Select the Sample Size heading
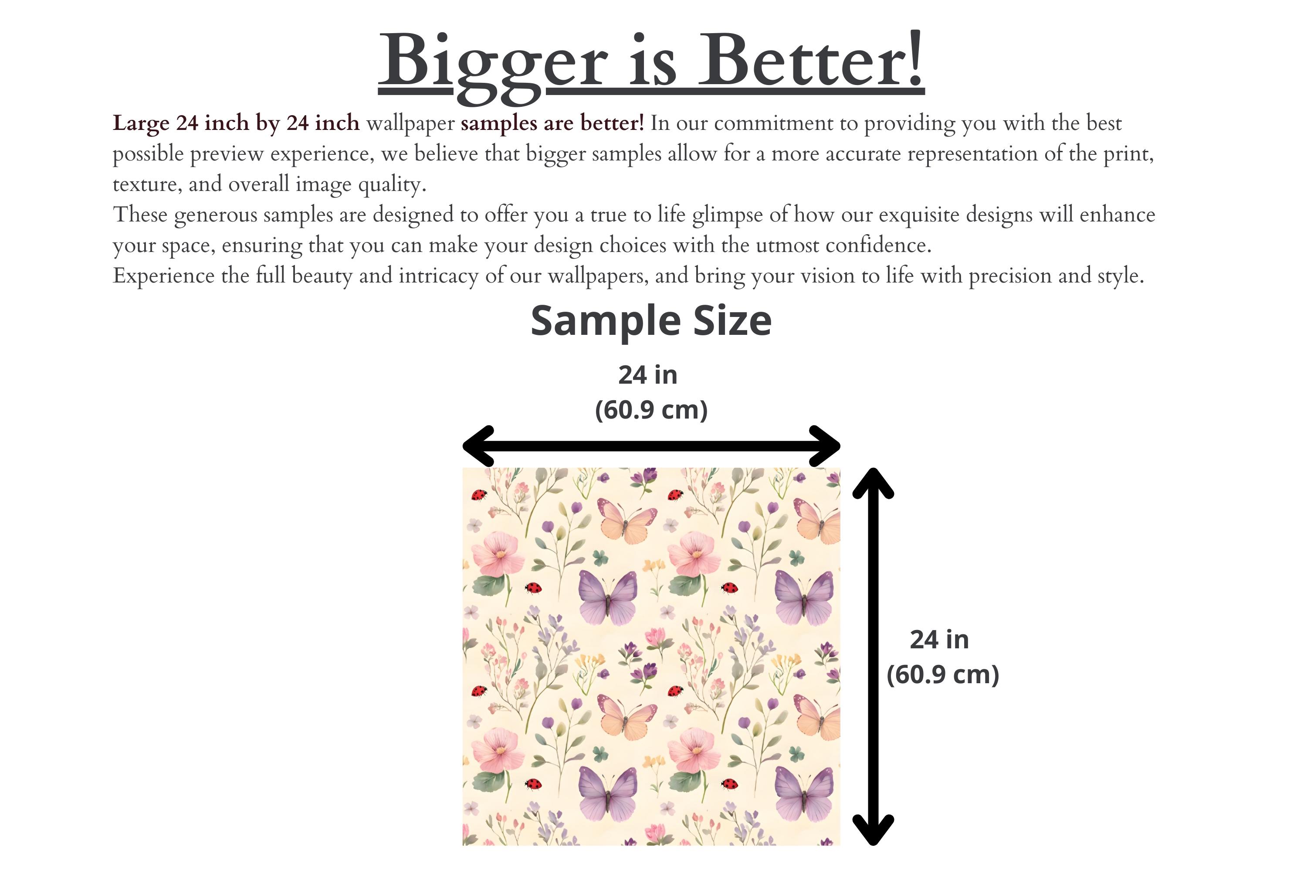click(x=651, y=321)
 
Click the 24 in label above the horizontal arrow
click(x=648, y=375)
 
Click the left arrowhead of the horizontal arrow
click(x=477, y=446)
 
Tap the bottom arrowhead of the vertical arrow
click(x=873, y=831)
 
